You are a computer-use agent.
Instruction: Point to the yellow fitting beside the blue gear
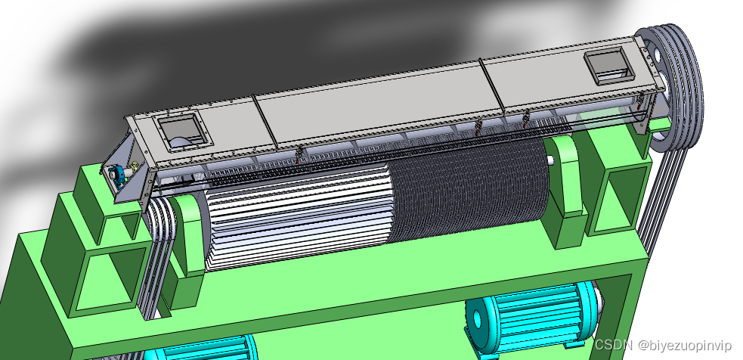135,165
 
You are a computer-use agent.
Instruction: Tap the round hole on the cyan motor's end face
477,320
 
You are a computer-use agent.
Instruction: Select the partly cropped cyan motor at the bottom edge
205,349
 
